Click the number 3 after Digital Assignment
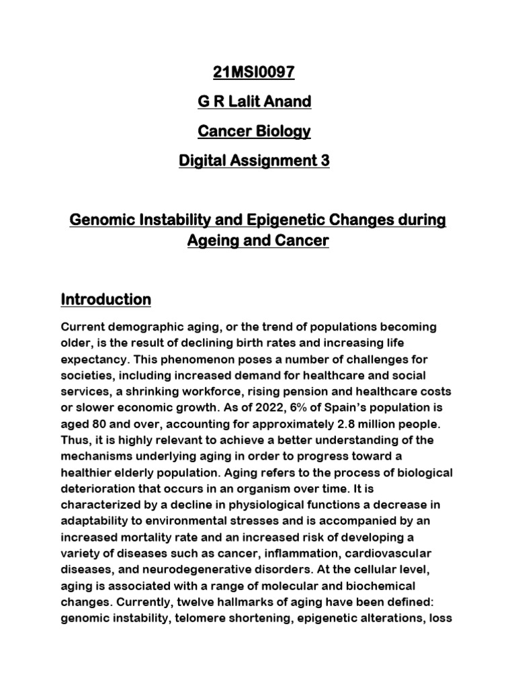coord(325,161)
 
